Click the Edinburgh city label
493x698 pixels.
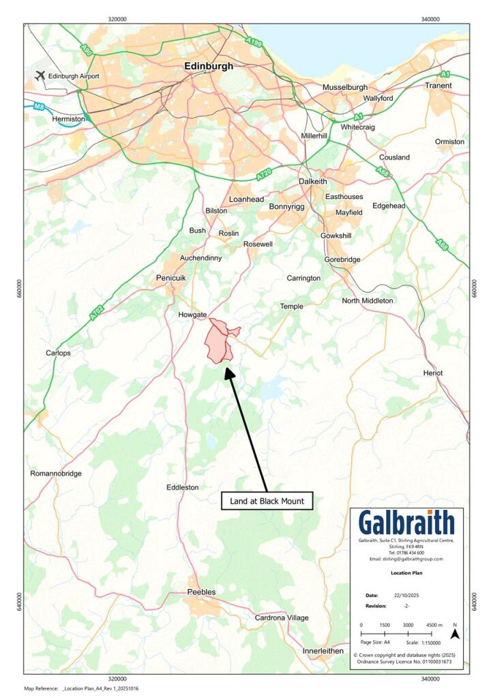click(x=209, y=67)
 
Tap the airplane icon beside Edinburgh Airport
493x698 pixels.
click(x=40, y=75)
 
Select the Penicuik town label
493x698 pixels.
click(x=171, y=279)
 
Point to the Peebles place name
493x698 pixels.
click(x=201, y=592)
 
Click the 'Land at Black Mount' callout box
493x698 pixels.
click(x=267, y=501)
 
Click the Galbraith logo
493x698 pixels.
click(x=406, y=523)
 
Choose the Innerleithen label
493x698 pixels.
click(x=323, y=651)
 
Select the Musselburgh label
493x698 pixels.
click(x=345, y=87)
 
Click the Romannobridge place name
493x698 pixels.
click(x=56, y=473)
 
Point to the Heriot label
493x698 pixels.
click(x=432, y=373)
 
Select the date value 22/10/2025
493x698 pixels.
click(x=407, y=595)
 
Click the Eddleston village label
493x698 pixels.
click(x=183, y=487)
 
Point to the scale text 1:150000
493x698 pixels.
click(x=426, y=642)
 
